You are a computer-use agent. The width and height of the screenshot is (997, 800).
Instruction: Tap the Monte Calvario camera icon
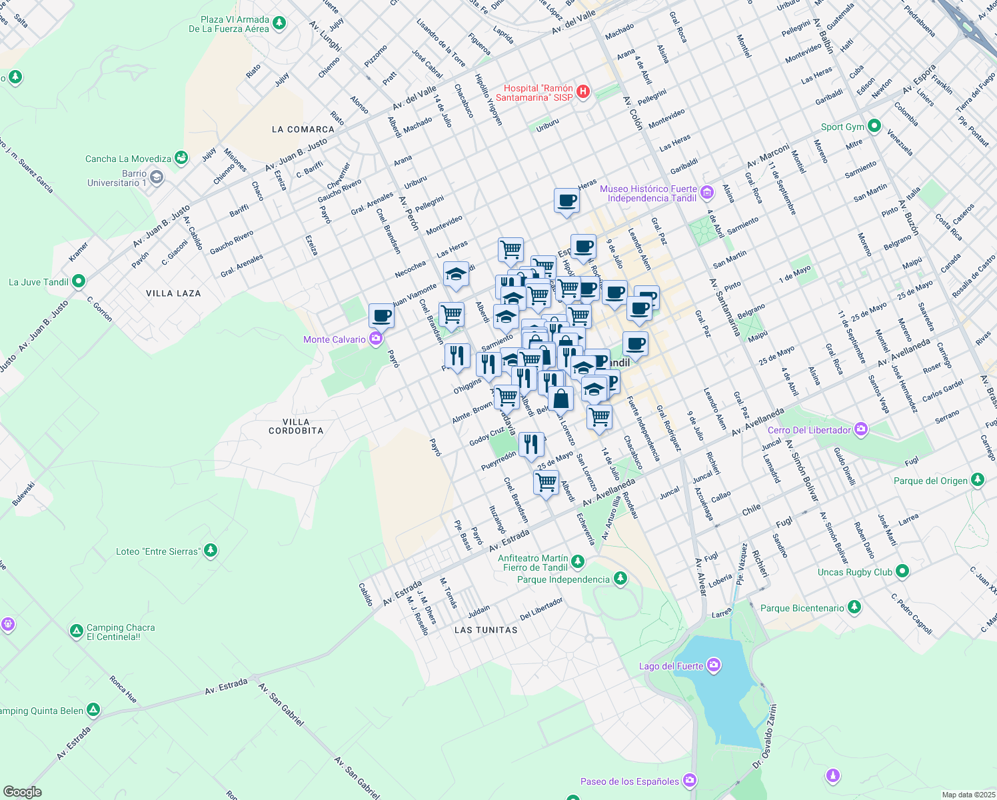point(376,339)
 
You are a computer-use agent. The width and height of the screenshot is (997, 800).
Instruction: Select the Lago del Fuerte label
point(670,666)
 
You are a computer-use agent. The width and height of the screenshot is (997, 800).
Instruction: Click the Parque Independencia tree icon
point(620,579)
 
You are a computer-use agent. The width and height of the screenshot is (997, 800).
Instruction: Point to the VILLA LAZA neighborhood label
point(173,293)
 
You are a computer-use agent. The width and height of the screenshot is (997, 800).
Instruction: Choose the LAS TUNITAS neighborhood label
point(486,630)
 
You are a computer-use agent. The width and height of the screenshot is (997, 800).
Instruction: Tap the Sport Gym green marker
point(874,126)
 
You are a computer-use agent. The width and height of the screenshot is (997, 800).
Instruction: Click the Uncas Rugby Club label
point(854,572)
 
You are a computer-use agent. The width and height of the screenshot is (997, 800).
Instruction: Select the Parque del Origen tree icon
point(978,480)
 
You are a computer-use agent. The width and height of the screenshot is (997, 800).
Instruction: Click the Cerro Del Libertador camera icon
point(861,429)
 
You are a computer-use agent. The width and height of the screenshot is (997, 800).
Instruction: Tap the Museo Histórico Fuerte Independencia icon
point(707,193)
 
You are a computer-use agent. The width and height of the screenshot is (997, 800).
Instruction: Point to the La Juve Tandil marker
point(79,281)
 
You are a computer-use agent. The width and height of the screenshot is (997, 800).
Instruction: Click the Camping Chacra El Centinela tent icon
point(77,631)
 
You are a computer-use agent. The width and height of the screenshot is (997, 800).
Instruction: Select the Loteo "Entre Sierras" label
point(157,551)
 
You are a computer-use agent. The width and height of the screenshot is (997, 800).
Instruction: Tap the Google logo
point(22,791)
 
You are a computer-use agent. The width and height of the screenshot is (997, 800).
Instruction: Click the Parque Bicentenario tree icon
point(854,607)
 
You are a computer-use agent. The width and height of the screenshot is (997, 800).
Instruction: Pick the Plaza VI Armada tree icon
point(279,23)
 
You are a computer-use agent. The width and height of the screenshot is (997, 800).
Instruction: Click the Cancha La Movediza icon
point(181,158)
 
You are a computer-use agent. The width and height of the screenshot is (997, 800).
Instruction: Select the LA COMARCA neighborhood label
point(303,129)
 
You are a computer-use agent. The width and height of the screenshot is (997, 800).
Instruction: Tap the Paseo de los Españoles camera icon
point(690,780)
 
